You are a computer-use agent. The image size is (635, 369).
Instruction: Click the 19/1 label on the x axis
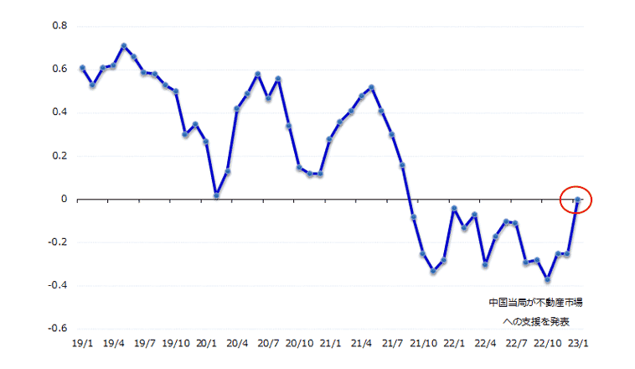click(x=82, y=343)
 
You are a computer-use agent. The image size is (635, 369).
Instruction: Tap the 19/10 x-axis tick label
click(x=175, y=343)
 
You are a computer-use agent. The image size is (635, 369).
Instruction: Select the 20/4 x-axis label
click(x=237, y=343)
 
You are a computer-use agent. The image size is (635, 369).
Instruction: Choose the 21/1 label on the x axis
click(x=330, y=343)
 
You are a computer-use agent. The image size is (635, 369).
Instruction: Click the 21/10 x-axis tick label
click(x=423, y=343)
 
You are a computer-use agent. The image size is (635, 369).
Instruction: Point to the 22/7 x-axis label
click(x=516, y=343)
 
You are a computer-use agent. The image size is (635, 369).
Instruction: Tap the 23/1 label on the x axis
click(x=578, y=343)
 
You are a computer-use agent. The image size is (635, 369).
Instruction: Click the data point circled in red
click(x=578, y=200)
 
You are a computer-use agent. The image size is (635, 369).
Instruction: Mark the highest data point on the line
click(x=124, y=45)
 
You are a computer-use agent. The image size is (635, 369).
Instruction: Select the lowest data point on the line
click(x=547, y=280)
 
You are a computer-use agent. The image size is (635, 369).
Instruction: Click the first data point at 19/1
click(x=82, y=68)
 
